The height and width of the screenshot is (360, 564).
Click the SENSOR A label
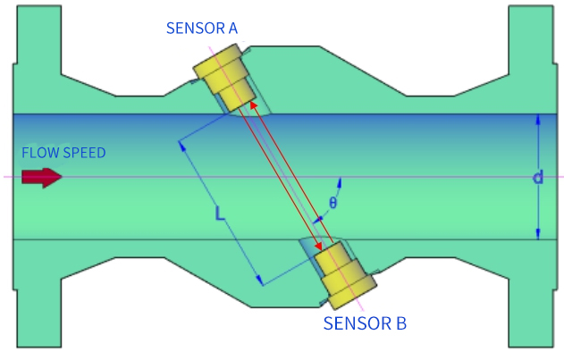click(x=202, y=28)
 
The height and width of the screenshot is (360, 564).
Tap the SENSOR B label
click(x=365, y=323)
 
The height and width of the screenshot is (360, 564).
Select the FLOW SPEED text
click(x=63, y=153)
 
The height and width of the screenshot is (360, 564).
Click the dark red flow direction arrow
click(x=42, y=177)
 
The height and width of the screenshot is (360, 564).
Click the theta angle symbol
click(x=333, y=203)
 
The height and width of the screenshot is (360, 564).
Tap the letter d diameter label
click(x=538, y=177)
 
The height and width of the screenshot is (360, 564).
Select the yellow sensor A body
click(x=225, y=78)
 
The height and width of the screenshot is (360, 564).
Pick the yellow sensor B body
click(x=345, y=275)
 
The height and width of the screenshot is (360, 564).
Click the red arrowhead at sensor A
click(x=254, y=105)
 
